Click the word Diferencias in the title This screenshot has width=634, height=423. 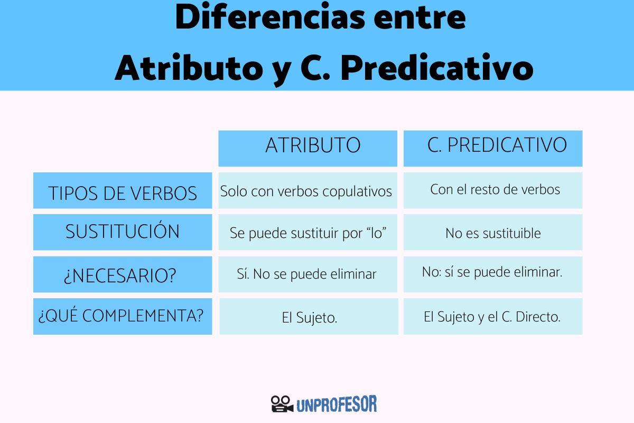pos(270,16)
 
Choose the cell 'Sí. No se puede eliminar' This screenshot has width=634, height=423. pos(307,274)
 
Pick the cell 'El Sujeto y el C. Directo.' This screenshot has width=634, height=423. pos(492,317)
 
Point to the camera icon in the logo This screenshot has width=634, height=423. pos(282,404)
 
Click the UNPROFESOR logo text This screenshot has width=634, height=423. pos(337,404)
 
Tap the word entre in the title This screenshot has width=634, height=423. pos(419,17)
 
